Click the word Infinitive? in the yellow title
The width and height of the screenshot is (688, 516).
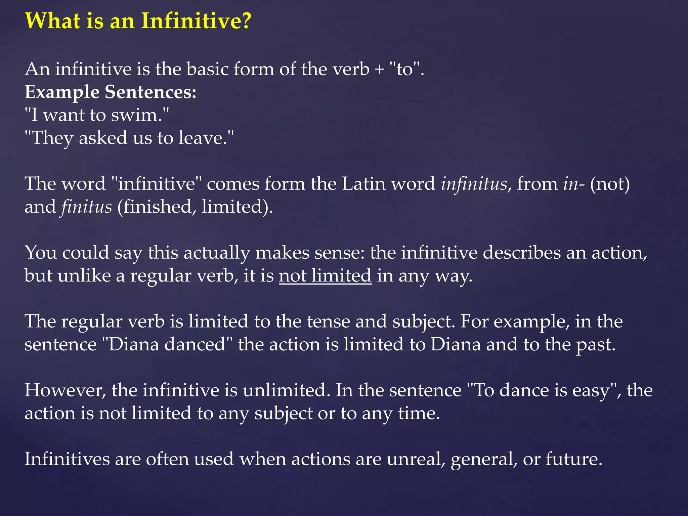click(196, 21)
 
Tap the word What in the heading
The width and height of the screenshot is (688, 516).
click(53, 21)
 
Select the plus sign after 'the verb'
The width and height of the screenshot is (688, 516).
click(379, 70)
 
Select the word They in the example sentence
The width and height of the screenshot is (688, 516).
click(52, 138)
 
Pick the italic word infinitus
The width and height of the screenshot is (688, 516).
click(474, 184)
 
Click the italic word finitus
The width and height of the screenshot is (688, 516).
click(86, 207)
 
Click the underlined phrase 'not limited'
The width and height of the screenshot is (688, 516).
click(325, 276)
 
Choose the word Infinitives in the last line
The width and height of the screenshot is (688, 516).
click(67, 459)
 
